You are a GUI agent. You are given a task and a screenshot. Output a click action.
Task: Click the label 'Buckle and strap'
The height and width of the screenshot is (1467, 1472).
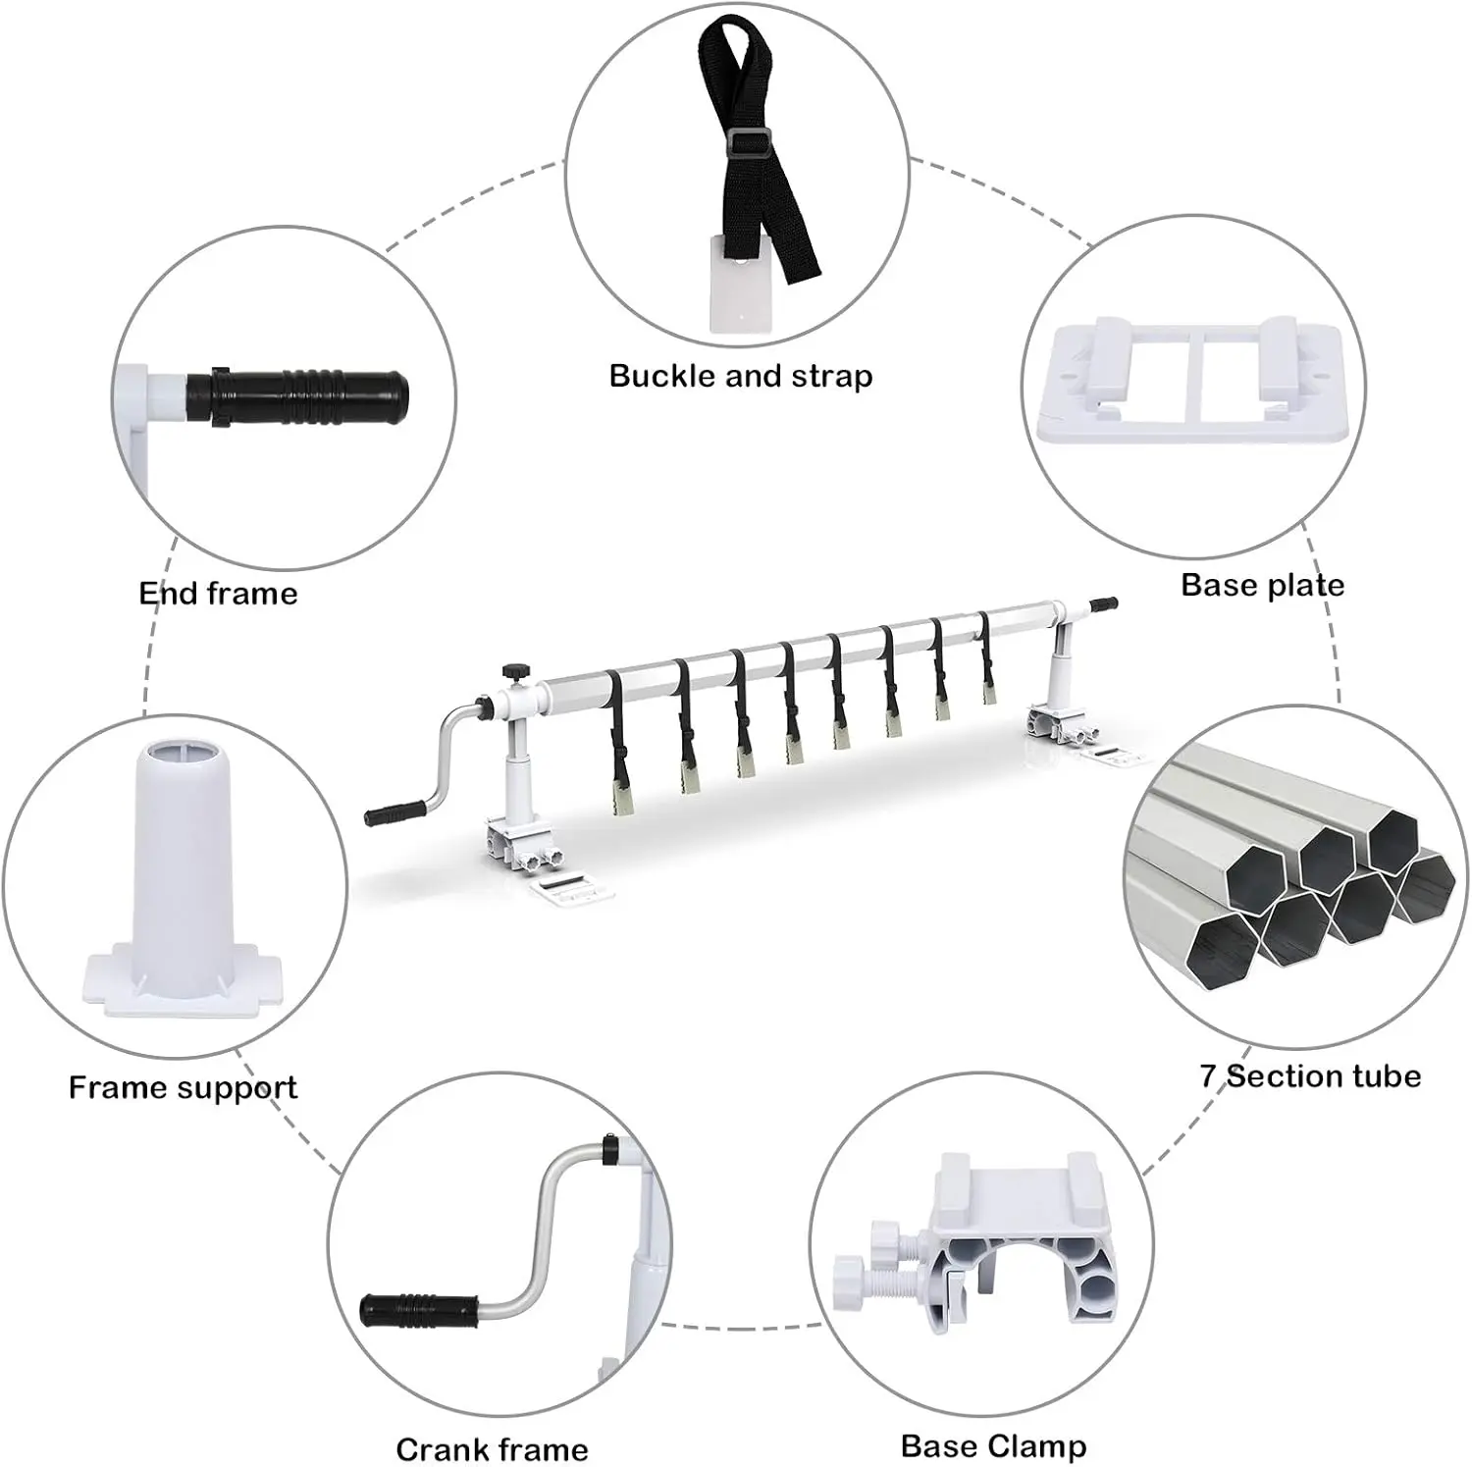coord(741,377)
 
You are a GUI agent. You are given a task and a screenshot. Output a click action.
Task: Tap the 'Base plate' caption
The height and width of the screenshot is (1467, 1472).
coord(1262,586)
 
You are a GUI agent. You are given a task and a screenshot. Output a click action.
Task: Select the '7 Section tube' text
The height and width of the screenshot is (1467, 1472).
coord(1310,1076)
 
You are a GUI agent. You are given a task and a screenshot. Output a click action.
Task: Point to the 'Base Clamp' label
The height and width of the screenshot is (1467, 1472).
coord(993,1445)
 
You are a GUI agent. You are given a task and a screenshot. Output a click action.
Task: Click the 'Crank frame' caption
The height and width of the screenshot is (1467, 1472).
coord(492,1449)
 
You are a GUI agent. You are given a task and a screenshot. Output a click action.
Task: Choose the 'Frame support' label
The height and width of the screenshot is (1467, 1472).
coord(183,1087)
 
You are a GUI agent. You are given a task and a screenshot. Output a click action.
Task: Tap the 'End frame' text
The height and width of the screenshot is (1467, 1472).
coord(218,594)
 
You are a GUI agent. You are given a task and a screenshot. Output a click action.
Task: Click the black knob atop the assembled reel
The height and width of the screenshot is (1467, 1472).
coord(512,671)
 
